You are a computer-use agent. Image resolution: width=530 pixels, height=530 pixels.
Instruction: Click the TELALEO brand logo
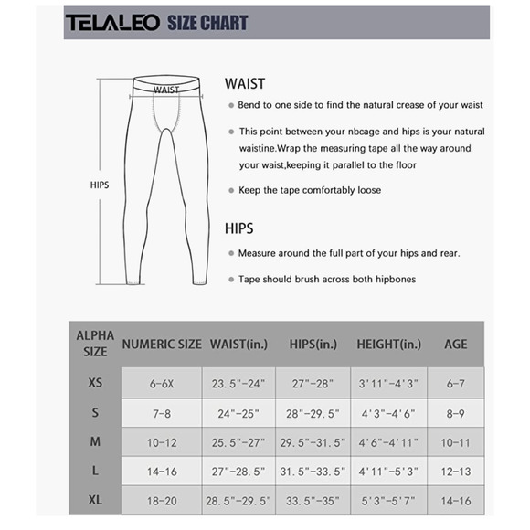[x=111, y=23]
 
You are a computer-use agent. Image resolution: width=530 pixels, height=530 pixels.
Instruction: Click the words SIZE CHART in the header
[x=207, y=23]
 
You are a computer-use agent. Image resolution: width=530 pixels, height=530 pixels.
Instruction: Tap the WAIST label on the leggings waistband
[x=166, y=90]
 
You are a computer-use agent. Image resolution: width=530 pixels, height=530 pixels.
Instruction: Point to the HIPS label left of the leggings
[x=100, y=185]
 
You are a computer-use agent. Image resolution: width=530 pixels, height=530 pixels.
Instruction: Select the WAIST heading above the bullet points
[x=245, y=83]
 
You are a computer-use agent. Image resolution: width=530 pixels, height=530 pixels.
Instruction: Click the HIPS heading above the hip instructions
[x=239, y=228]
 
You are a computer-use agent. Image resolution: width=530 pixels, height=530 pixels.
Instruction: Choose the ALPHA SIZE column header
[x=95, y=344]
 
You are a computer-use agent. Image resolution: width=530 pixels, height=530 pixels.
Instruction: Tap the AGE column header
[x=455, y=344]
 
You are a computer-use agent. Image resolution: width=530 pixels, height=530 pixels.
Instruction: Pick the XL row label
[x=95, y=500]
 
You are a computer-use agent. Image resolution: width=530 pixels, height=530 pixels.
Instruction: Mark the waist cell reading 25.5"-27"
[x=238, y=442]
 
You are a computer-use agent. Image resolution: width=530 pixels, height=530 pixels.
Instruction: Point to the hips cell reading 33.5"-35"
[x=313, y=501]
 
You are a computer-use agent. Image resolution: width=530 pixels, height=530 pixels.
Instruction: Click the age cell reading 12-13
[x=455, y=472]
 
